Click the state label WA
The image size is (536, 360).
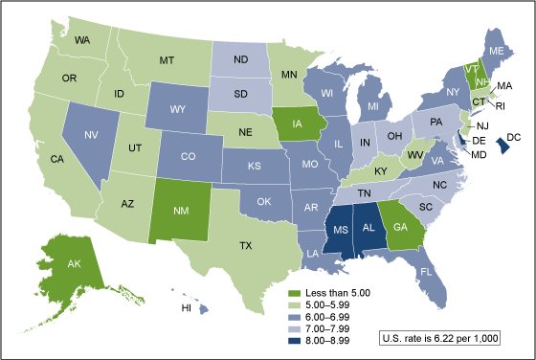pos(83,40)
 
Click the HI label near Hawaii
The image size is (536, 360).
pos(189,308)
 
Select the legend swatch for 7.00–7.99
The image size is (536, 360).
pos(296,326)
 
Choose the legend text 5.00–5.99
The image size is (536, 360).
pos(330,303)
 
